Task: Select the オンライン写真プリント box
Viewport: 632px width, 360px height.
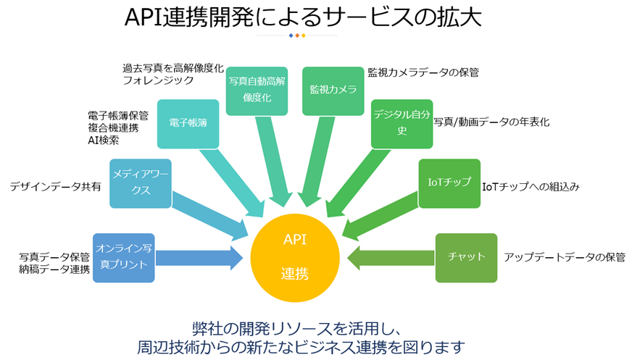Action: pos(124,257)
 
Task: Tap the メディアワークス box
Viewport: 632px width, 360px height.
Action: pos(141,183)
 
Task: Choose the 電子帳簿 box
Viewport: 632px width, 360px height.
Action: pos(188,123)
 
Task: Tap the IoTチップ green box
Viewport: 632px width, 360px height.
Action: pos(449,183)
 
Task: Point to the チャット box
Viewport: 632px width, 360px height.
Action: pos(466,257)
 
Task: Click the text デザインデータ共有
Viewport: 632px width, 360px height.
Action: pos(55,186)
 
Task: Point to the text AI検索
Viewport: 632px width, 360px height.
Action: pos(103,140)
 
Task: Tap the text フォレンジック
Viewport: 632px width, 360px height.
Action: pos(158,80)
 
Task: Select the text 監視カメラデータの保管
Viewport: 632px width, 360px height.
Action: pos(423,72)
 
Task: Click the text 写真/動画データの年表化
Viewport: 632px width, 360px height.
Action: pos(491,122)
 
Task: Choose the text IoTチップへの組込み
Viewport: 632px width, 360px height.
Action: pos(531,186)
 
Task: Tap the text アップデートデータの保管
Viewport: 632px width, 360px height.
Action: pos(564,257)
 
